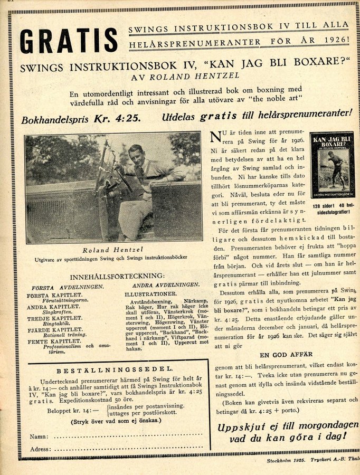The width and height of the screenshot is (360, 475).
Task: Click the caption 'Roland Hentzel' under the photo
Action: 113,250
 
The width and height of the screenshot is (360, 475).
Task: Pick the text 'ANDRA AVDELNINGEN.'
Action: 162,285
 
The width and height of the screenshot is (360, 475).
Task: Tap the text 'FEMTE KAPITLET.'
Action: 54,342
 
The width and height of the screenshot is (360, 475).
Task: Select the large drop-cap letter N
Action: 215,137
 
